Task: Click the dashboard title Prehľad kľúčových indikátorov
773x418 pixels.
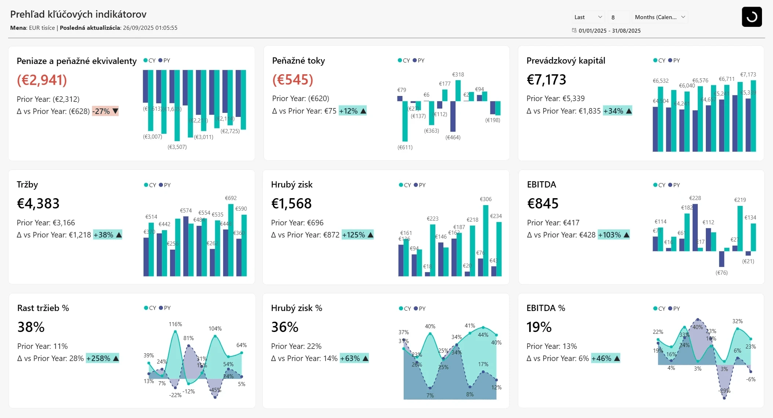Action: click(x=78, y=14)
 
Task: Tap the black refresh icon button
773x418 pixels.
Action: click(x=751, y=17)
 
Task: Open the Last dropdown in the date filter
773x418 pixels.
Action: click(x=588, y=17)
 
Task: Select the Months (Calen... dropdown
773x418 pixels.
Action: click(x=660, y=17)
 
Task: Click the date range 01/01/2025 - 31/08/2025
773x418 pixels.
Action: click(x=609, y=31)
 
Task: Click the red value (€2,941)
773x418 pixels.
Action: click(x=42, y=80)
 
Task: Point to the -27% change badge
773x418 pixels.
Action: click(x=105, y=111)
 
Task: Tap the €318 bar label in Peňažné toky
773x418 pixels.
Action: click(x=458, y=75)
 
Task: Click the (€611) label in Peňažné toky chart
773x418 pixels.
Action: click(x=405, y=147)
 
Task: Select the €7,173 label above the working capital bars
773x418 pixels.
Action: click(x=748, y=75)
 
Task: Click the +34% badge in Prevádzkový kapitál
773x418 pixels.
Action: click(x=617, y=111)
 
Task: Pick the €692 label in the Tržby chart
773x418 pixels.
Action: click(x=231, y=198)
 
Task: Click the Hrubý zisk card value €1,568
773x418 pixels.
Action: click(x=291, y=204)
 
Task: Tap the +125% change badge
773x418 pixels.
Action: click(x=357, y=235)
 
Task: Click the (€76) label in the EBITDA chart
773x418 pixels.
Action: click(x=721, y=273)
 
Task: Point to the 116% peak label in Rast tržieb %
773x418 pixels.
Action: click(x=175, y=324)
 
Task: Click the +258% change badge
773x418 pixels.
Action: click(x=102, y=358)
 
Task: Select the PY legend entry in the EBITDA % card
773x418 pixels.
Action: click(x=674, y=309)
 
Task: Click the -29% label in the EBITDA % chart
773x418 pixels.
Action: click(x=724, y=391)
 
